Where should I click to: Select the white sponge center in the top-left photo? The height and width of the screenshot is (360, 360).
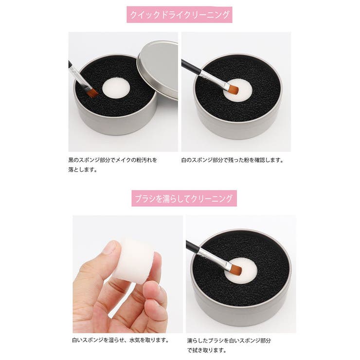pos(114,89)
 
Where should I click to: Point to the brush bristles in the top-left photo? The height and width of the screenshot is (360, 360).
pos(91,91)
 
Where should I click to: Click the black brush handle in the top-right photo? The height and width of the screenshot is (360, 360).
pos(192,67)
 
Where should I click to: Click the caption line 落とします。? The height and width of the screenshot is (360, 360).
pos(83,170)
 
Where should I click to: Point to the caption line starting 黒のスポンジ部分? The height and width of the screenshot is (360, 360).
pos(113,160)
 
